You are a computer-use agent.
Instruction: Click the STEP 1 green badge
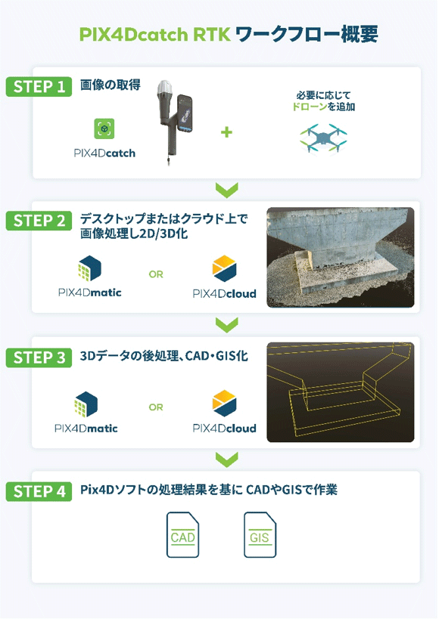tap(39, 86)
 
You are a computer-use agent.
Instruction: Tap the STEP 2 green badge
tap(39, 221)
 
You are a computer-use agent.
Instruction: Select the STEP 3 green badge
tap(39, 357)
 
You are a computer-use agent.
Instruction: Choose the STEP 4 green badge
tap(39, 491)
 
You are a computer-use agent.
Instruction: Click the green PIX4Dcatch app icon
tap(104, 128)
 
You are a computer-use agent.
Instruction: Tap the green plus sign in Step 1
tap(226, 132)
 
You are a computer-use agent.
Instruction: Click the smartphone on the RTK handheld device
tap(185, 113)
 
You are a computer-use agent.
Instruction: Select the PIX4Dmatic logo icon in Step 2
tap(90, 268)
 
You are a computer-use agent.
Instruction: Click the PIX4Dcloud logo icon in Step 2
tap(224, 268)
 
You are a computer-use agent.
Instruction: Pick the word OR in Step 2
tap(156, 274)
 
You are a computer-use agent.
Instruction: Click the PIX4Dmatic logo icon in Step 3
tap(86, 404)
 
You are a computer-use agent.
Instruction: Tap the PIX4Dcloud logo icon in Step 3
tap(224, 404)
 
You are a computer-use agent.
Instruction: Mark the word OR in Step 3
tap(156, 407)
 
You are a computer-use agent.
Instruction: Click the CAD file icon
tap(182, 534)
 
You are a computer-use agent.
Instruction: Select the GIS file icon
tap(260, 534)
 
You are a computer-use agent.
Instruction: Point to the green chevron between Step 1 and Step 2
tap(227, 190)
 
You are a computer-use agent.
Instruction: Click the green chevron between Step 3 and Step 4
tap(227, 460)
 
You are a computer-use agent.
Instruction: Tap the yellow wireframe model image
tap(341, 392)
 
